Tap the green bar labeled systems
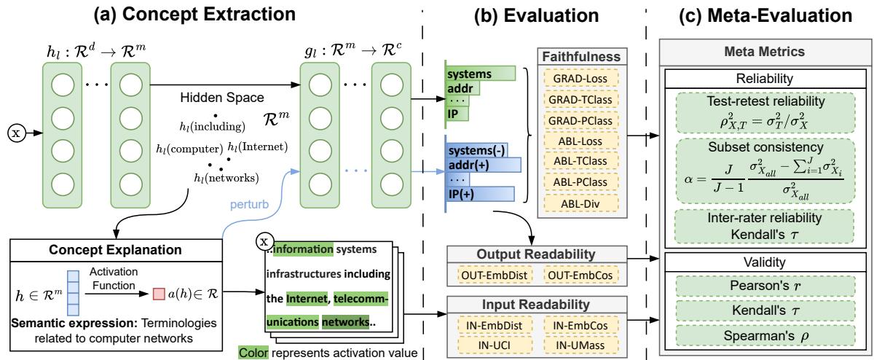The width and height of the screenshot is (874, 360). point(477,74)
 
